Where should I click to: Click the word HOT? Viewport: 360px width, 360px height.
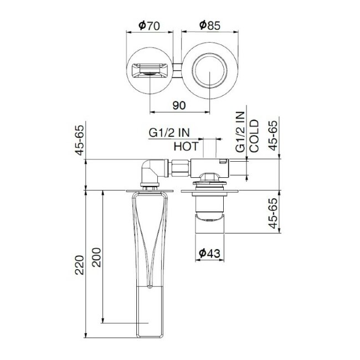[x=186, y=147]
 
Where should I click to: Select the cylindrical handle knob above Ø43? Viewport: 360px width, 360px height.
[x=209, y=214]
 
